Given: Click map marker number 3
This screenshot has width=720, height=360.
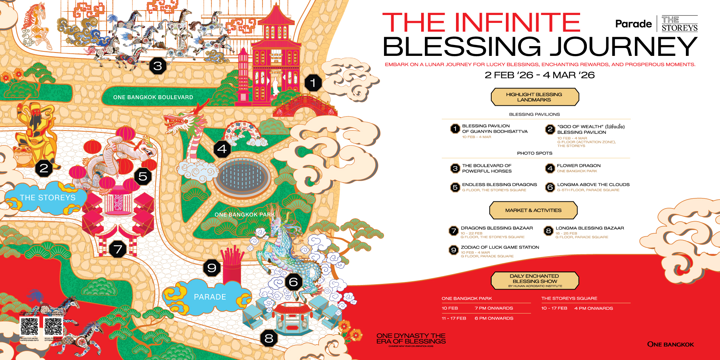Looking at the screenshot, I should [x=158, y=66].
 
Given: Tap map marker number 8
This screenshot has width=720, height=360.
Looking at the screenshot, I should [x=269, y=339].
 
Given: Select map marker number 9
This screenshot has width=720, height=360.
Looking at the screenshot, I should [x=212, y=268].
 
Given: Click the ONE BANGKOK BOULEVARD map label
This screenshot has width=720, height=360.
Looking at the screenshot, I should [x=153, y=97].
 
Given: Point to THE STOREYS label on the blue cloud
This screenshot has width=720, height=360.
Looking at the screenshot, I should [x=48, y=198].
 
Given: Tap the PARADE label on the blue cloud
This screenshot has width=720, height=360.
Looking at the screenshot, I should [x=210, y=297].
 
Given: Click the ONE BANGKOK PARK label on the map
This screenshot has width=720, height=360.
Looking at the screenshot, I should [x=244, y=214].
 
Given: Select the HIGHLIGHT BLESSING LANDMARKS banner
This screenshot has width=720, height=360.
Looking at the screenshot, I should [x=534, y=97].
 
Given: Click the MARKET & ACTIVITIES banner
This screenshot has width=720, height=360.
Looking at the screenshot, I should [x=533, y=210].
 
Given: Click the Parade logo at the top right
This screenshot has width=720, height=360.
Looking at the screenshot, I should [x=633, y=24].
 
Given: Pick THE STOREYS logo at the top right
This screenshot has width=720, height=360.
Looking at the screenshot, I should [x=679, y=24].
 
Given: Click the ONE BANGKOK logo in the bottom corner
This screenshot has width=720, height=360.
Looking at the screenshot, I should [x=670, y=344].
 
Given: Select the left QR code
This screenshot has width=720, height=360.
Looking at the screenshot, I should [x=29, y=327].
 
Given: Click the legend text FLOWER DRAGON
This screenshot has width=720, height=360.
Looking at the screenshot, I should [x=579, y=165].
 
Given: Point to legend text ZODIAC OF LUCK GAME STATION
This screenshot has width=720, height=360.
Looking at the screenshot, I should [x=500, y=247].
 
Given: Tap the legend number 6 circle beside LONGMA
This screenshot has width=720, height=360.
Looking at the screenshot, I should [x=550, y=187].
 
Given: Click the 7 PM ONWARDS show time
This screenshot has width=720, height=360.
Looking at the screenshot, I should [x=493, y=308].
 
